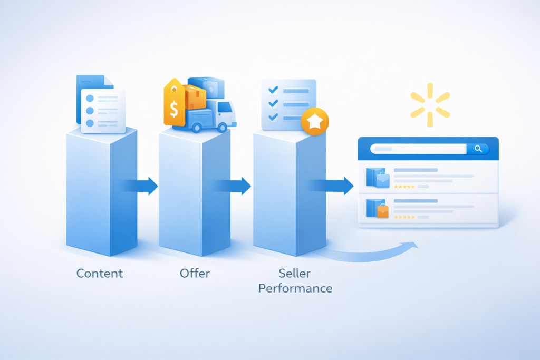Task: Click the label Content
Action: coord(99,273)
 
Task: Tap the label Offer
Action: coord(195,273)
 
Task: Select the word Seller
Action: coord(295,273)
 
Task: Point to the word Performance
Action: coord(295,288)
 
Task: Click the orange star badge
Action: coord(315,122)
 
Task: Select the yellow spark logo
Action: coord(430,102)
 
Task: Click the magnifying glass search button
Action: coord(478,149)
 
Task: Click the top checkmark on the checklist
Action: coord(273,91)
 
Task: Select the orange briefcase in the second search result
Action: coord(383,211)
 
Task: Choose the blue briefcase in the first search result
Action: coord(383,179)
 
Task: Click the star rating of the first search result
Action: coord(404,187)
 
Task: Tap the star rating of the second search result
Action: coord(404,217)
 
